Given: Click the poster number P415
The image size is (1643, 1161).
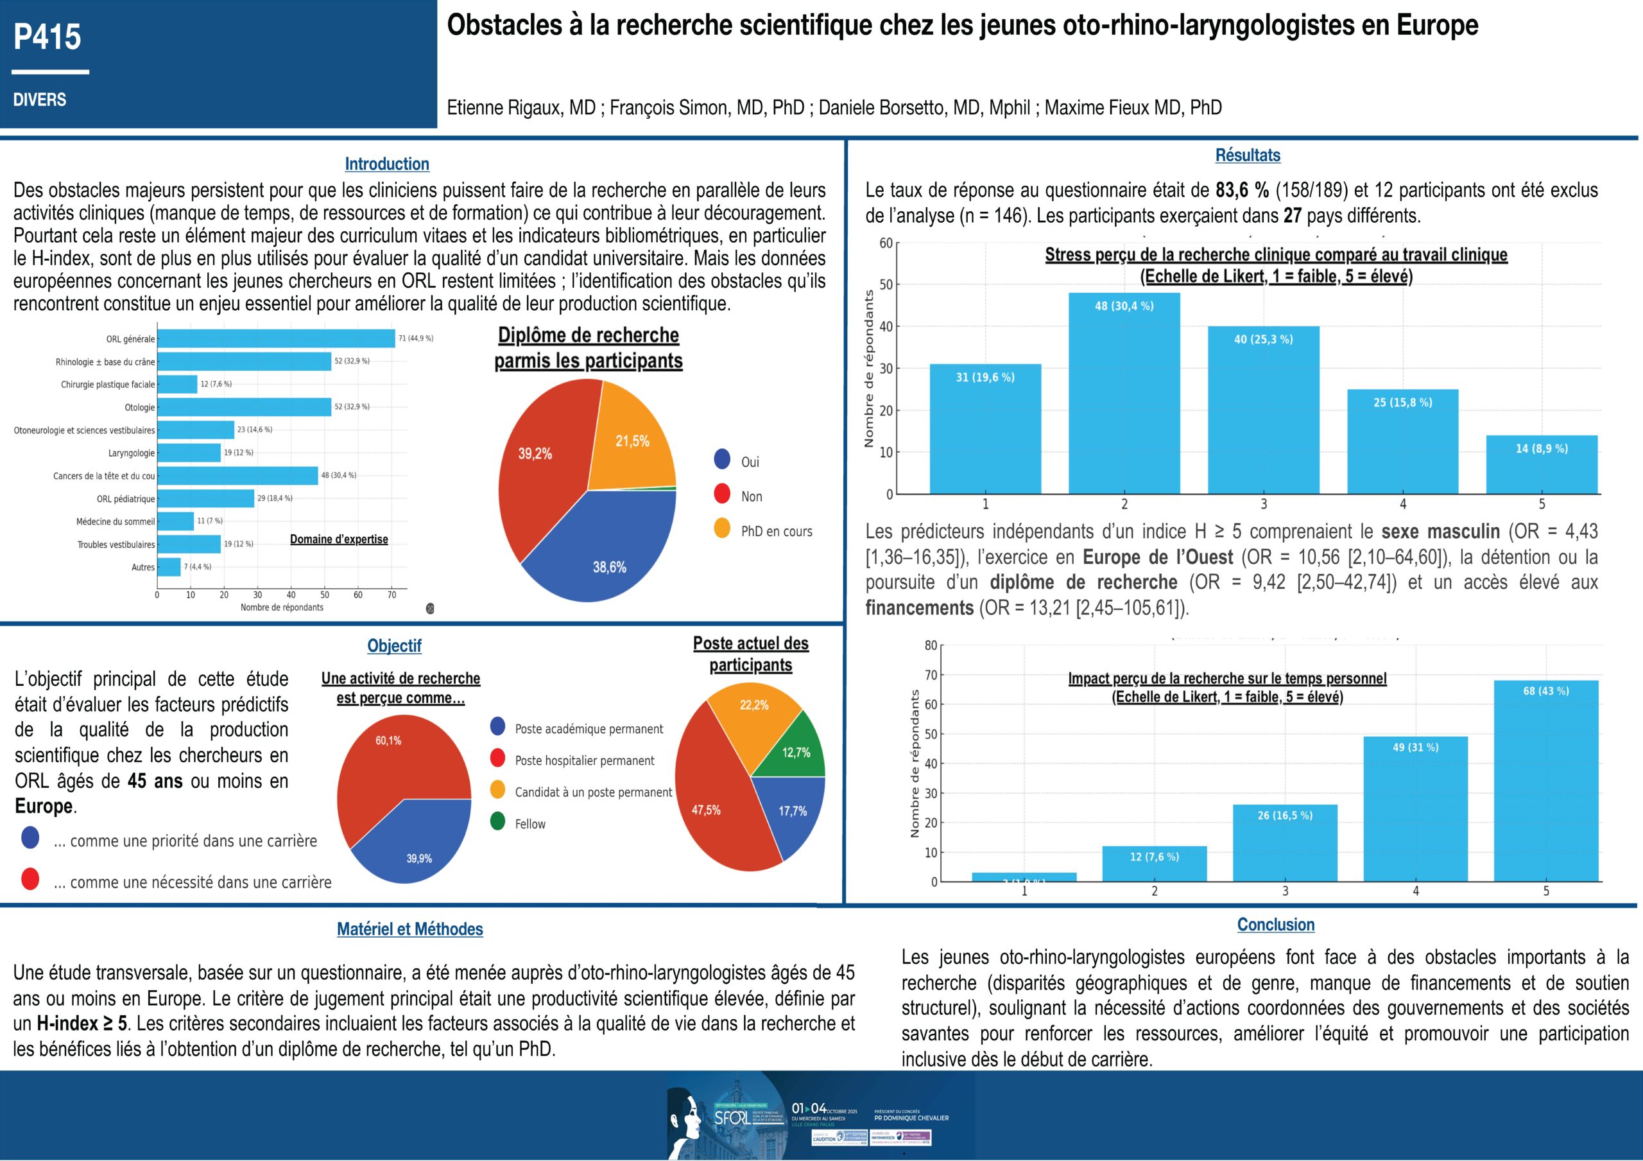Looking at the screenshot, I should [47, 37].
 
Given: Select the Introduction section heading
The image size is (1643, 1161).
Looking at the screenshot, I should [386, 164].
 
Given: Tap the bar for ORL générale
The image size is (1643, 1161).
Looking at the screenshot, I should [275, 338].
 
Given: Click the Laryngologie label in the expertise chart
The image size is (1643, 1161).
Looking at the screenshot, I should [131, 453].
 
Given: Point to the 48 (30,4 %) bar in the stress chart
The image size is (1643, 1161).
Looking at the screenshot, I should [1124, 394].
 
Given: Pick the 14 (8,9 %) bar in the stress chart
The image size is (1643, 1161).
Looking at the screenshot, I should [1542, 466].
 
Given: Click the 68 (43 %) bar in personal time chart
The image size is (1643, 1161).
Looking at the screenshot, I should [1545, 780].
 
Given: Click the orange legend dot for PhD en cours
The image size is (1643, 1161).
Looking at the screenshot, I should [722, 529].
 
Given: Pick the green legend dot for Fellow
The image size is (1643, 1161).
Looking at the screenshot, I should [497, 822].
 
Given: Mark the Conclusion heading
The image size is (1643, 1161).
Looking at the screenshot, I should [1275, 925].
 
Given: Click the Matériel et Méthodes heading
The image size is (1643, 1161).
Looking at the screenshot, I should [409, 929].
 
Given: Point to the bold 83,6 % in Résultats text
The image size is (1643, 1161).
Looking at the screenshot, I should [1241, 191].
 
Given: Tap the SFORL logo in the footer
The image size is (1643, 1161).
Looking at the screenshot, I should [732, 1117].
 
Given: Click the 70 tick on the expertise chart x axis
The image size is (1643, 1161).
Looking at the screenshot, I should [391, 595].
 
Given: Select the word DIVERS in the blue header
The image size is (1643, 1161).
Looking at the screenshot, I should [39, 100].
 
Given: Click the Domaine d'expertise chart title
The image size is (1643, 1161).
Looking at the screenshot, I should [338, 539].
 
